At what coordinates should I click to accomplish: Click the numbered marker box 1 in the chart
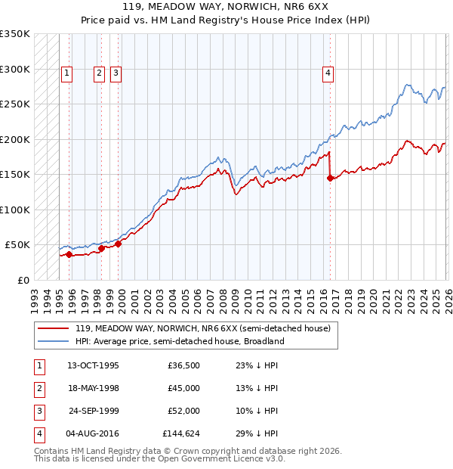point(67,73)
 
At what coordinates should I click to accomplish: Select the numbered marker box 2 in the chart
point(100,73)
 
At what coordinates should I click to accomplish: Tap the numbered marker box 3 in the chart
point(116,73)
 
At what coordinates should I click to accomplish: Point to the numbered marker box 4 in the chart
point(328,73)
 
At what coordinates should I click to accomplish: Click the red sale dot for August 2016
point(330,179)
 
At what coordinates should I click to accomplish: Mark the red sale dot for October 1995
point(69,254)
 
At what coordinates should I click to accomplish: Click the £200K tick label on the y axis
point(15,139)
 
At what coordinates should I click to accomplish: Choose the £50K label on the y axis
point(17,245)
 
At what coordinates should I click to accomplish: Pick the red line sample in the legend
point(54,329)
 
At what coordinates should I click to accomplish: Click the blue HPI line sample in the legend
point(54,341)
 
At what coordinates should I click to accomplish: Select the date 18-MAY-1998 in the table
point(93,388)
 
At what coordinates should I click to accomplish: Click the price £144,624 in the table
point(180,433)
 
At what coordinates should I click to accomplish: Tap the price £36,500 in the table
point(183,365)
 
